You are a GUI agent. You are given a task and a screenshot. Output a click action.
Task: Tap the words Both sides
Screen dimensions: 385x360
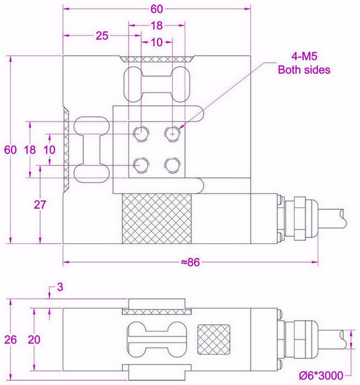pos(304,70)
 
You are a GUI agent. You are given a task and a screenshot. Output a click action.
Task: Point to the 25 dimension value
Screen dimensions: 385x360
pos(102,36)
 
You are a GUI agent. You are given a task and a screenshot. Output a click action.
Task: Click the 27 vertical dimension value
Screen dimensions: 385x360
pos(40,205)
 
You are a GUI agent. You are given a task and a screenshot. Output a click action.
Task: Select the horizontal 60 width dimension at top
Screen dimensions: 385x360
pos(157,10)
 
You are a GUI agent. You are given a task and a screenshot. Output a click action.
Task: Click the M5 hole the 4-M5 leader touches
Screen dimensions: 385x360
pos(174,132)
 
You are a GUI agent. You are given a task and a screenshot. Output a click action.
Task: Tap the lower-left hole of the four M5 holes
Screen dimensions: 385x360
pos(142,163)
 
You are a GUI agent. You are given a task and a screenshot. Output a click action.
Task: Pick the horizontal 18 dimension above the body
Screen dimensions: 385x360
pos(157,26)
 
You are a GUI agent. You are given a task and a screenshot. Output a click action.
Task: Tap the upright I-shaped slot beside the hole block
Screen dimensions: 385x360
pos(91,149)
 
